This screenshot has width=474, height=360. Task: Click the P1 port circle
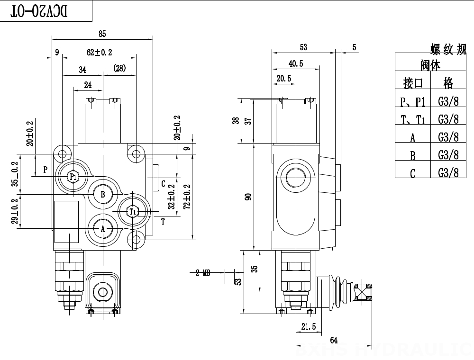pos(73,177)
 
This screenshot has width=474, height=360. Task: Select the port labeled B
pos(102,193)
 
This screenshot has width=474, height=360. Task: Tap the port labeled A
pos(102,229)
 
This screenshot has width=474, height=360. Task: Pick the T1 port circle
pos(133,211)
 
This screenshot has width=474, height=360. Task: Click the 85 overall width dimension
pos(102,34)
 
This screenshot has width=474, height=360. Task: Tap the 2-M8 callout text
pos(202,273)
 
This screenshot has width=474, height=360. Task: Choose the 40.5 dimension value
pos(295,63)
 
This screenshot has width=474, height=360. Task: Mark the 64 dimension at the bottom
pos(333,340)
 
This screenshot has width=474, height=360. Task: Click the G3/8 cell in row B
pos(448,154)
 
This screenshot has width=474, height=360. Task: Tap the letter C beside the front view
pos(163,184)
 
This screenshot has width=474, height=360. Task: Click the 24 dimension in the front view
pos(88,85)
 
